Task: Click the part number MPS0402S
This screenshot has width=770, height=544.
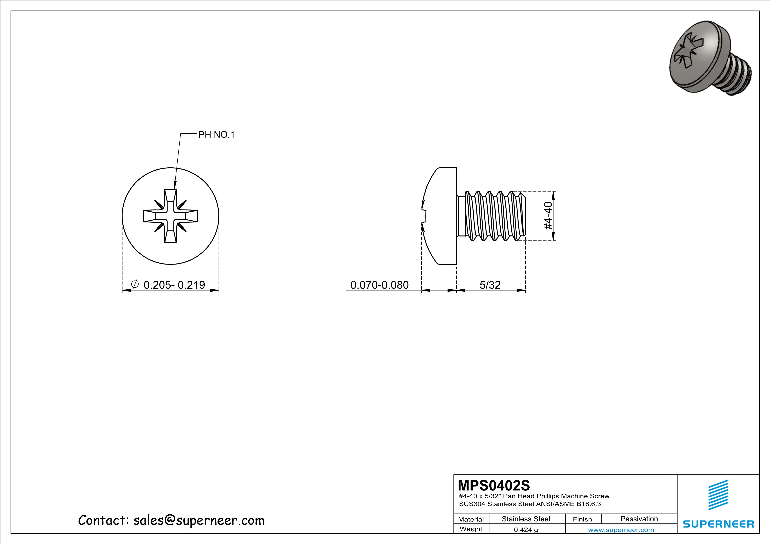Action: coord(494,485)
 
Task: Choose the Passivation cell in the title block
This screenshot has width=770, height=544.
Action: coord(639,519)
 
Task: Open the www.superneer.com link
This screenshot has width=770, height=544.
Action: coord(621,530)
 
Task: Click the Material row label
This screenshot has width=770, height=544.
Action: coord(471,519)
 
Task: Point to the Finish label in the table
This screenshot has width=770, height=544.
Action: coord(582,519)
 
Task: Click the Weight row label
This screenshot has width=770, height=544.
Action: coord(471,529)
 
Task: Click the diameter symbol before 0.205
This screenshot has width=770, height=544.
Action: coord(135,285)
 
